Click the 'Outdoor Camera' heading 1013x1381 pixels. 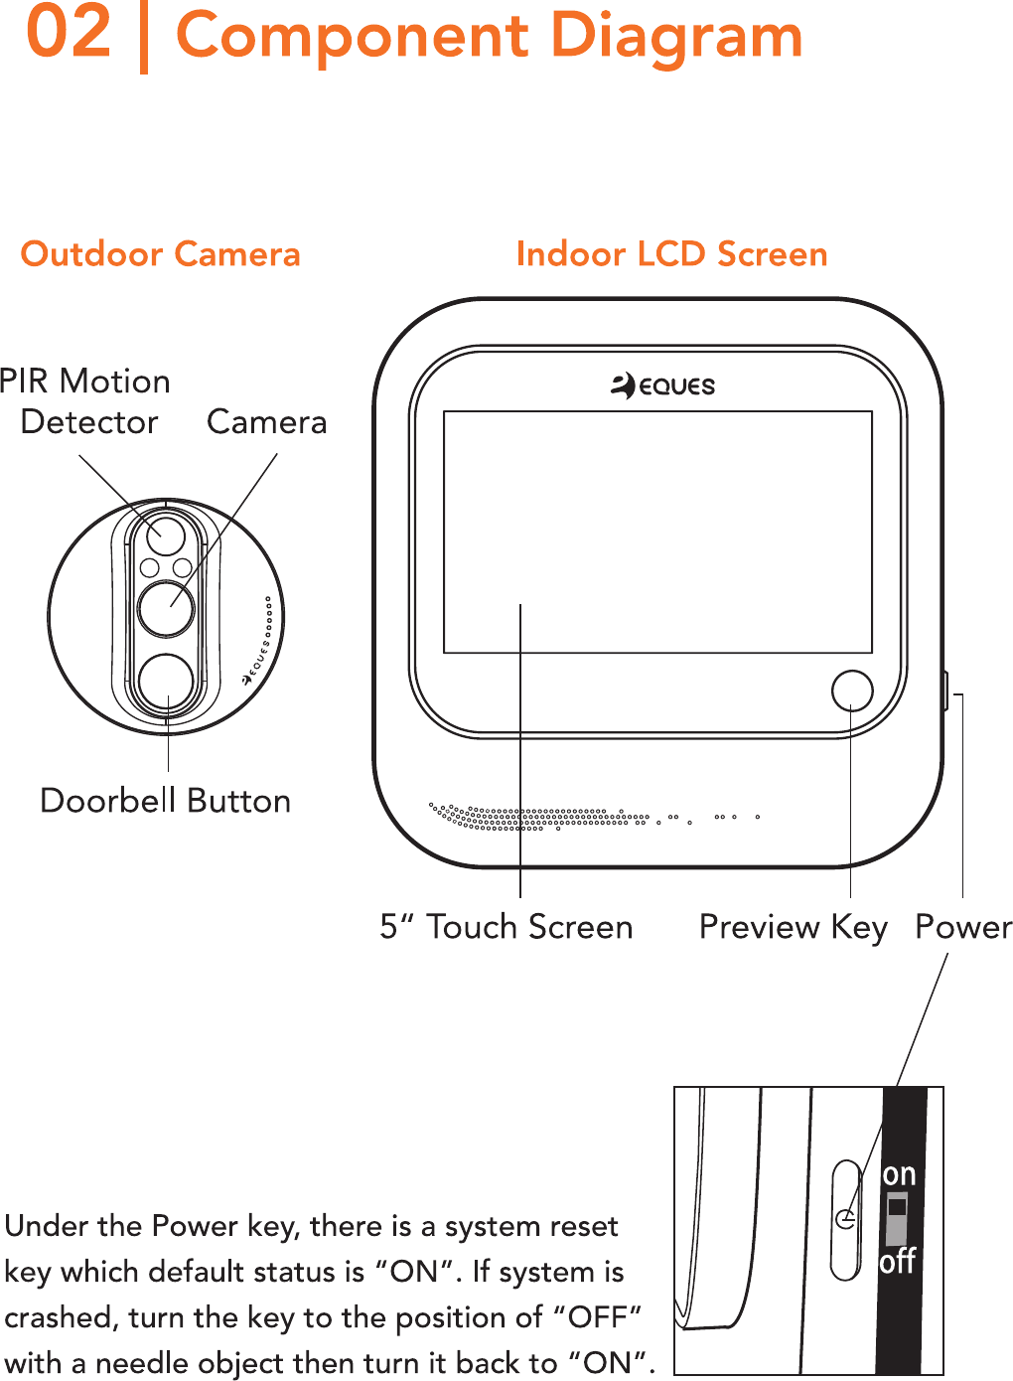pyautogui.click(x=160, y=254)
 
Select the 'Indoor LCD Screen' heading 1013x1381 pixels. pyautogui.click(x=671, y=254)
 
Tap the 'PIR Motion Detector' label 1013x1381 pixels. pyautogui.click(x=86, y=401)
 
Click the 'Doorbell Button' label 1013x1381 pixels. pyautogui.click(x=165, y=801)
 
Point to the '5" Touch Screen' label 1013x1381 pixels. pyautogui.click(x=506, y=927)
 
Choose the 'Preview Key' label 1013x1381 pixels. pyautogui.click(x=793, y=927)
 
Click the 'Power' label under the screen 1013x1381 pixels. pyautogui.click(x=962, y=927)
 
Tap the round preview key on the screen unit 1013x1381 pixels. pyautogui.click(x=851, y=690)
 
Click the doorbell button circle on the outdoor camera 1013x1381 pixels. pyautogui.click(x=166, y=682)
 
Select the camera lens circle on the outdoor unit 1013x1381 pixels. pyautogui.click(x=166, y=608)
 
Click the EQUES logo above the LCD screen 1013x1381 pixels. pyautogui.click(x=662, y=385)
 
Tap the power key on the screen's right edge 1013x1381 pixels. pyautogui.click(x=944, y=690)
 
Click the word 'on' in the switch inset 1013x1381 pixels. pyautogui.click(x=899, y=1174)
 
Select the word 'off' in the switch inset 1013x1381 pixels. pyautogui.click(x=897, y=1262)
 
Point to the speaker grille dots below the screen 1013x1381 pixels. pyautogui.click(x=536, y=817)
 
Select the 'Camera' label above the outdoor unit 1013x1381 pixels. pyautogui.click(x=266, y=422)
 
